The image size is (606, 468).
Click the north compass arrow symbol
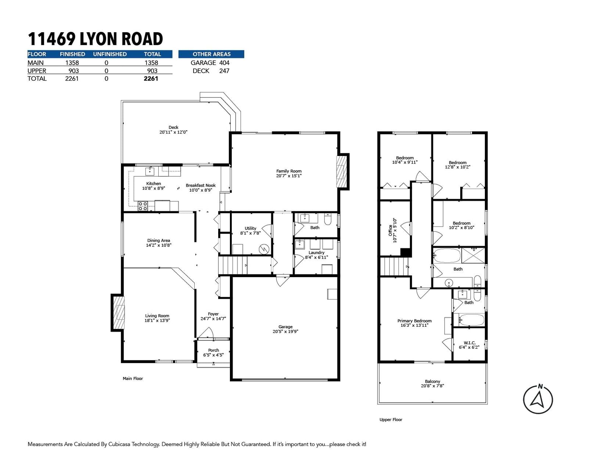[x=537, y=399]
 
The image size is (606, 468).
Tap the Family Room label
[x=289, y=171]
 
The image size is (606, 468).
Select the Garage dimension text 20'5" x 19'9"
[x=285, y=331]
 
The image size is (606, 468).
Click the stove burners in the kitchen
[x=142, y=206]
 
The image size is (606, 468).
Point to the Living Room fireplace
[x=118, y=312]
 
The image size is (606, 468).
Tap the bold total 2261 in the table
[x=151, y=79]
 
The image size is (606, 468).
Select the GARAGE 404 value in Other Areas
[x=224, y=63]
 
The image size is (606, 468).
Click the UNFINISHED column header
[x=110, y=54]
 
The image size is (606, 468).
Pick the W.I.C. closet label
[x=469, y=343]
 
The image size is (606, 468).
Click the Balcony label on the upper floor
[x=432, y=381]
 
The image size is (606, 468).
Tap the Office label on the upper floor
[x=390, y=231]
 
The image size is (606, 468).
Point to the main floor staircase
[x=233, y=265]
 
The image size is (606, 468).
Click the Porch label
[x=213, y=350]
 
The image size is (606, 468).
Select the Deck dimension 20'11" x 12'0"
[x=173, y=132]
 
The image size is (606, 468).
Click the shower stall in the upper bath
[x=473, y=255]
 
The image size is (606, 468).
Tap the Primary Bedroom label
[x=414, y=321]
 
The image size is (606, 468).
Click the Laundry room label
[x=316, y=253]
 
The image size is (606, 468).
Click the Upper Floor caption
[x=391, y=420]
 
